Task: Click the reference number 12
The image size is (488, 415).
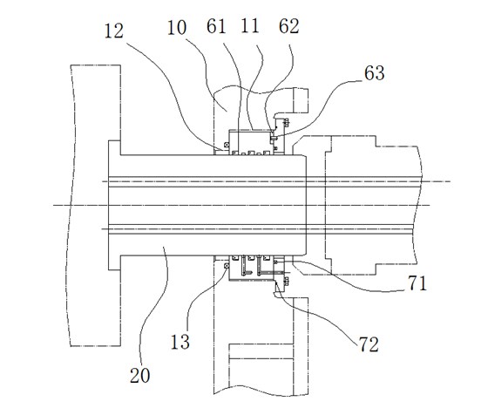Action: [x=114, y=31]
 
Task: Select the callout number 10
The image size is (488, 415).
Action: [x=177, y=27]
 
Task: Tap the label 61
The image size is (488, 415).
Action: [x=216, y=26]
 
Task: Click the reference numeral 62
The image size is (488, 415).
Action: [x=288, y=26]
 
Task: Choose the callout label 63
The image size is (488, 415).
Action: [x=375, y=73]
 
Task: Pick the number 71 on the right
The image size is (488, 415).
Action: [x=417, y=283]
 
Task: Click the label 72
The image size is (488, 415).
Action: [x=369, y=344]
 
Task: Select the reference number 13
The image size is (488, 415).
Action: [x=180, y=342]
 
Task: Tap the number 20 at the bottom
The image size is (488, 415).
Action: [x=139, y=375]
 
